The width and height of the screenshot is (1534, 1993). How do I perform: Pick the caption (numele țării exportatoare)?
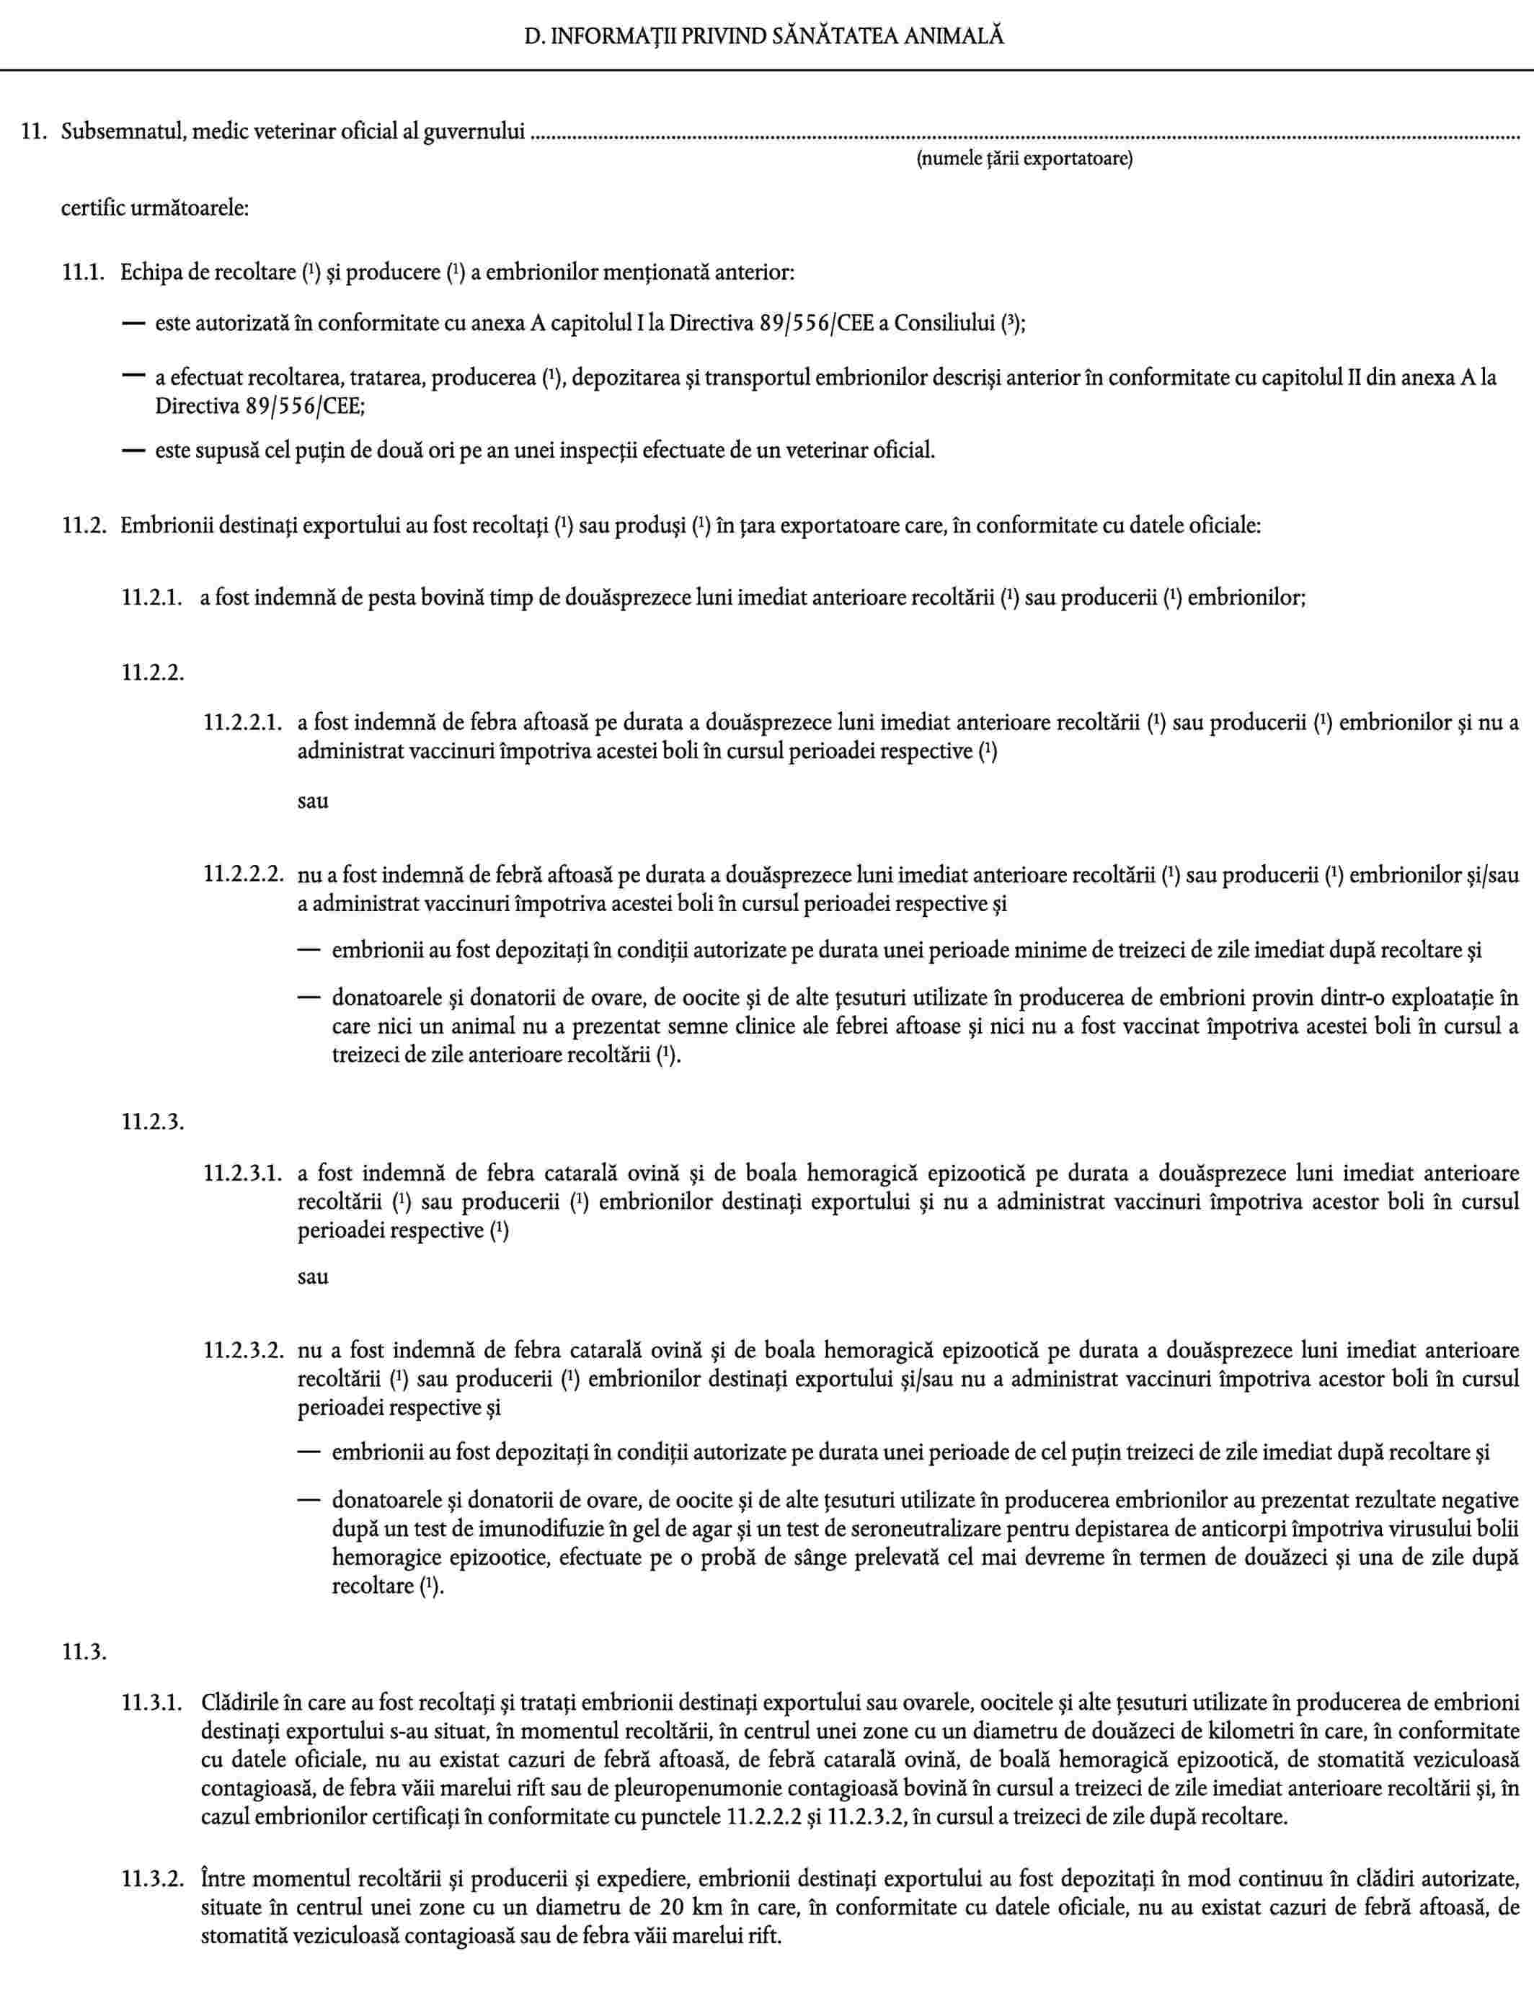point(1024,159)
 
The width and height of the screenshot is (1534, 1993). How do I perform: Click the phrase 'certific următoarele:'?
point(155,208)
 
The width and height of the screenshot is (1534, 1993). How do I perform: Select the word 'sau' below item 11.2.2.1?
point(313,802)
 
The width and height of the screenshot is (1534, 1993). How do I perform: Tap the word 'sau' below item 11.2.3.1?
point(313,1276)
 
